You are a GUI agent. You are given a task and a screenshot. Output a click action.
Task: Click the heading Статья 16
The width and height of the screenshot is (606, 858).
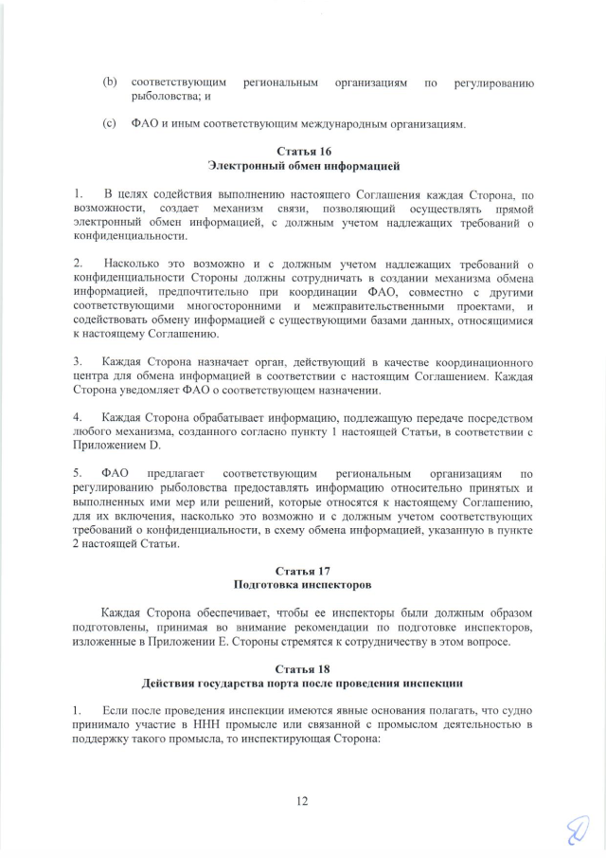[x=303, y=152]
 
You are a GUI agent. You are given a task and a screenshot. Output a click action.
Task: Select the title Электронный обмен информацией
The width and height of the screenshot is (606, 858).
[x=303, y=166]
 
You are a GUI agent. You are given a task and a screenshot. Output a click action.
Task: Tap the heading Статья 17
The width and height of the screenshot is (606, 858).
[x=303, y=572]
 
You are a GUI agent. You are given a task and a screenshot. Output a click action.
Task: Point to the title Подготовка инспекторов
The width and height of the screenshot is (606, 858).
[x=303, y=586]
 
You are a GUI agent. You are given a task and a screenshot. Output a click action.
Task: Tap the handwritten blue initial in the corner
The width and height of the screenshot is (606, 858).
[x=576, y=831]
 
